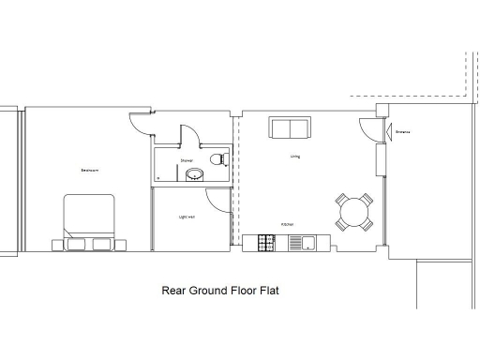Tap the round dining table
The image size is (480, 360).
pyautogui.click(x=355, y=212)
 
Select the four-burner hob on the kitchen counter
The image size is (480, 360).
pyautogui.click(x=266, y=243)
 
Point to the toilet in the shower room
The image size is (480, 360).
pyautogui.click(x=218, y=158)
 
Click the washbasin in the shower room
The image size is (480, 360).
pyautogui.click(x=195, y=173)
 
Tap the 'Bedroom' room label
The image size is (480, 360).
pyautogui.click(x=90, y=171)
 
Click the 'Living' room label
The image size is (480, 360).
pyautogui.click(x=294, y=157)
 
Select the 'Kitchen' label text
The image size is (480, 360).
pyautogui.click(x=288, y=225)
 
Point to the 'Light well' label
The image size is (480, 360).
pyautogui.click(x=187, y=217)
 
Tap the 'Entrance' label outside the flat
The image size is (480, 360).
pyautogui.click(x=403, y=132)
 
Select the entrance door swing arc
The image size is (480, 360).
pyautogui.click(x=365, y=130)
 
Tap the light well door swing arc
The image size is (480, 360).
pyautogui.click(x=216, y=198)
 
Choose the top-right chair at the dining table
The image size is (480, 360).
pyautogui.click(x=367, y=199)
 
